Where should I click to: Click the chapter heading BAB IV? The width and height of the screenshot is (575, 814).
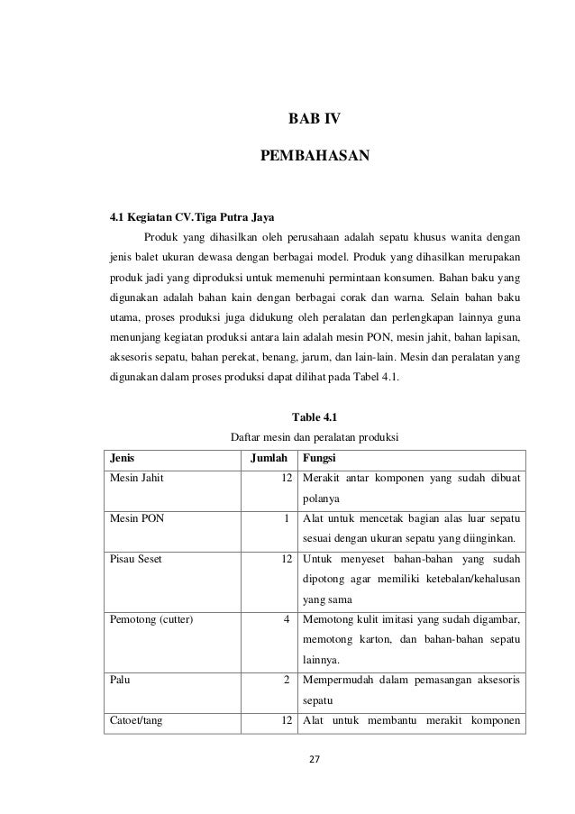pyautogui.click(x=314, y=118)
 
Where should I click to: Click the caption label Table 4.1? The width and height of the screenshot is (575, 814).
pyautogui.click(x=314, y=416)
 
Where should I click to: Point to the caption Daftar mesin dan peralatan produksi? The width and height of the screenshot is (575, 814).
pyautogui.click(x=315, y=438)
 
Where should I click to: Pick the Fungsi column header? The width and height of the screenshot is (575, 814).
pyautogui.click(x=323, y=458)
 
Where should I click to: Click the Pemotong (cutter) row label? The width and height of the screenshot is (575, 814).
pyautogui.click(x=153, y=621)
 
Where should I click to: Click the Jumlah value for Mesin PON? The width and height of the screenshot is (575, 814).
pyautogui.click(x=286, y=519)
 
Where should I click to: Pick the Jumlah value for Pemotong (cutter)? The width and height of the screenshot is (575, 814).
pyautogui.click(x=286, y=621)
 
